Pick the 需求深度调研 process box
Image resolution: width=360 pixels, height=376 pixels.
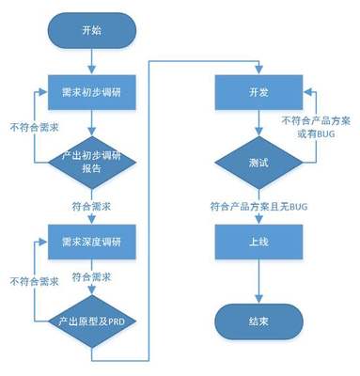(x=91, y=241)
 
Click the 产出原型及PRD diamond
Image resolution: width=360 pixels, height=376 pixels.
(x=91, y=321)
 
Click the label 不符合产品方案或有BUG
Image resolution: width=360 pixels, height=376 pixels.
(x=317, y=128)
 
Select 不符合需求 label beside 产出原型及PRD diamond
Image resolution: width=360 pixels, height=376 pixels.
(x=32, y=281)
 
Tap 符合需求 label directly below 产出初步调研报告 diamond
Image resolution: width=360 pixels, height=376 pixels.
(x=92, y=204)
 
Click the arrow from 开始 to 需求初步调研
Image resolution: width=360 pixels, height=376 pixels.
(x=91, y=65)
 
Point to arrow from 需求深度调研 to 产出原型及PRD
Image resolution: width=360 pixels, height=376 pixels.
(x=91, y=273)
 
